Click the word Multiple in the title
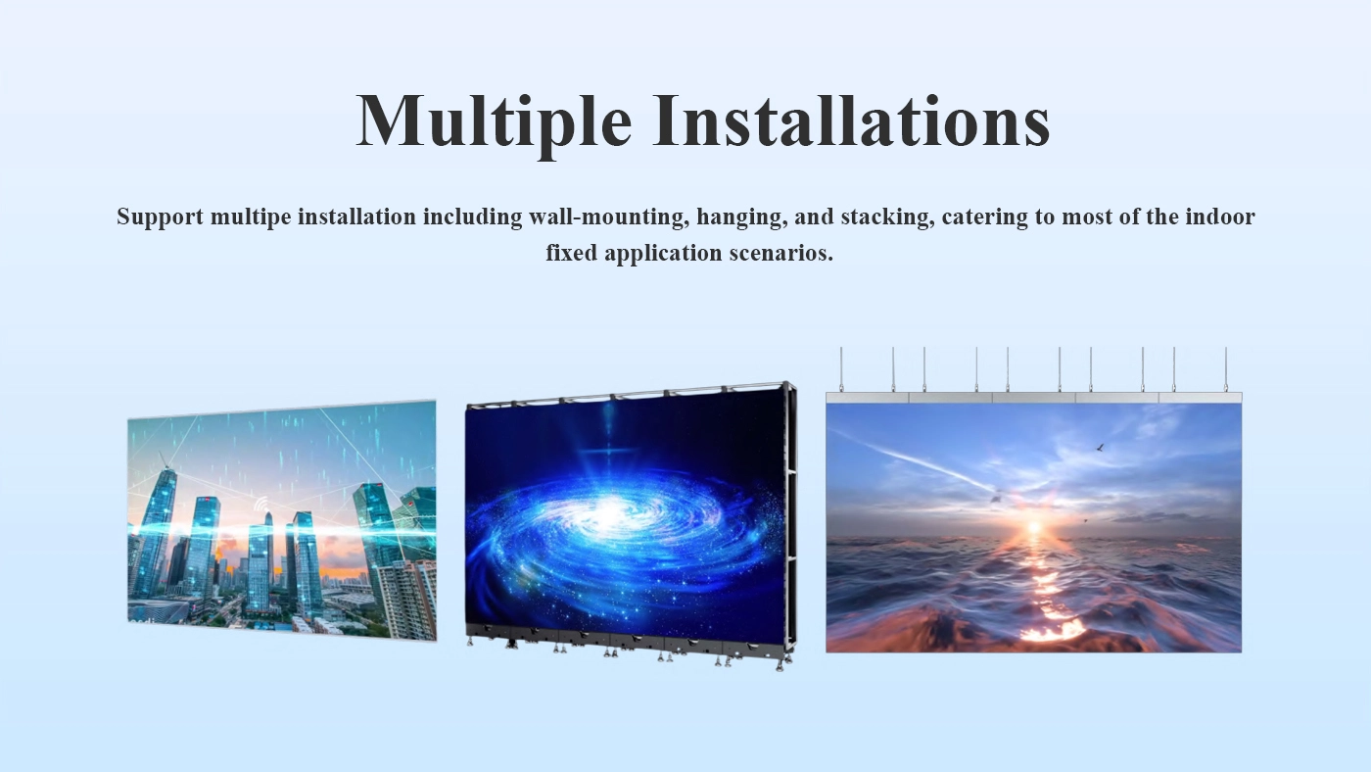[494, 121]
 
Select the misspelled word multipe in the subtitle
[251, 217]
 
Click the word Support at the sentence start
[160, 217]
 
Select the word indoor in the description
[1220, 217]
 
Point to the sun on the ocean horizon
[1034, 527]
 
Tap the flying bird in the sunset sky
[1100, 448]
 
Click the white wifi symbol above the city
[261, 504]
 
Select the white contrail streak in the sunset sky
[912, 459]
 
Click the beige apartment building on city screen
[407, 599]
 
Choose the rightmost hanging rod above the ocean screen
[1226, 369]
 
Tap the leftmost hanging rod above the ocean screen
[841, 369]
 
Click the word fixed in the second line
[572, 252]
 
